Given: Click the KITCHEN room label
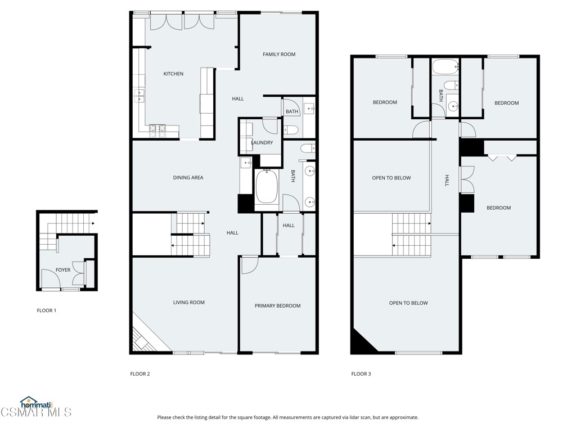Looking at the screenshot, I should (x=173, y=74).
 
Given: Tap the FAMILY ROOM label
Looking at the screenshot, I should (x=279, y=55).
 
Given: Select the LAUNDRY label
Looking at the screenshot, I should (x=262, y=143).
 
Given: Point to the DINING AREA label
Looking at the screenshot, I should (x=188, y=178).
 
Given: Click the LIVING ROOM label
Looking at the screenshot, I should (x=188, y=303).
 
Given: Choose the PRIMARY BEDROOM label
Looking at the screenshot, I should (x=277, y=306).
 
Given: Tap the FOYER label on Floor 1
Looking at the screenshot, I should (x=63, y=270).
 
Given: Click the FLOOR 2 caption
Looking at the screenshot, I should (x=140, y=374).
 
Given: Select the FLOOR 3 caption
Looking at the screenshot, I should (x=361, y=374).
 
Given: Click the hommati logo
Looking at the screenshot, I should (x=36, y=403).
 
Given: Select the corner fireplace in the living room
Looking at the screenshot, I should (x=142, y=337).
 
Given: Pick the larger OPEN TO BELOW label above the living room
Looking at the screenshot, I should (x=408, y=303).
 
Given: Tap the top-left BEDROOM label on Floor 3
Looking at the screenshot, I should (x=385, y=102).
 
